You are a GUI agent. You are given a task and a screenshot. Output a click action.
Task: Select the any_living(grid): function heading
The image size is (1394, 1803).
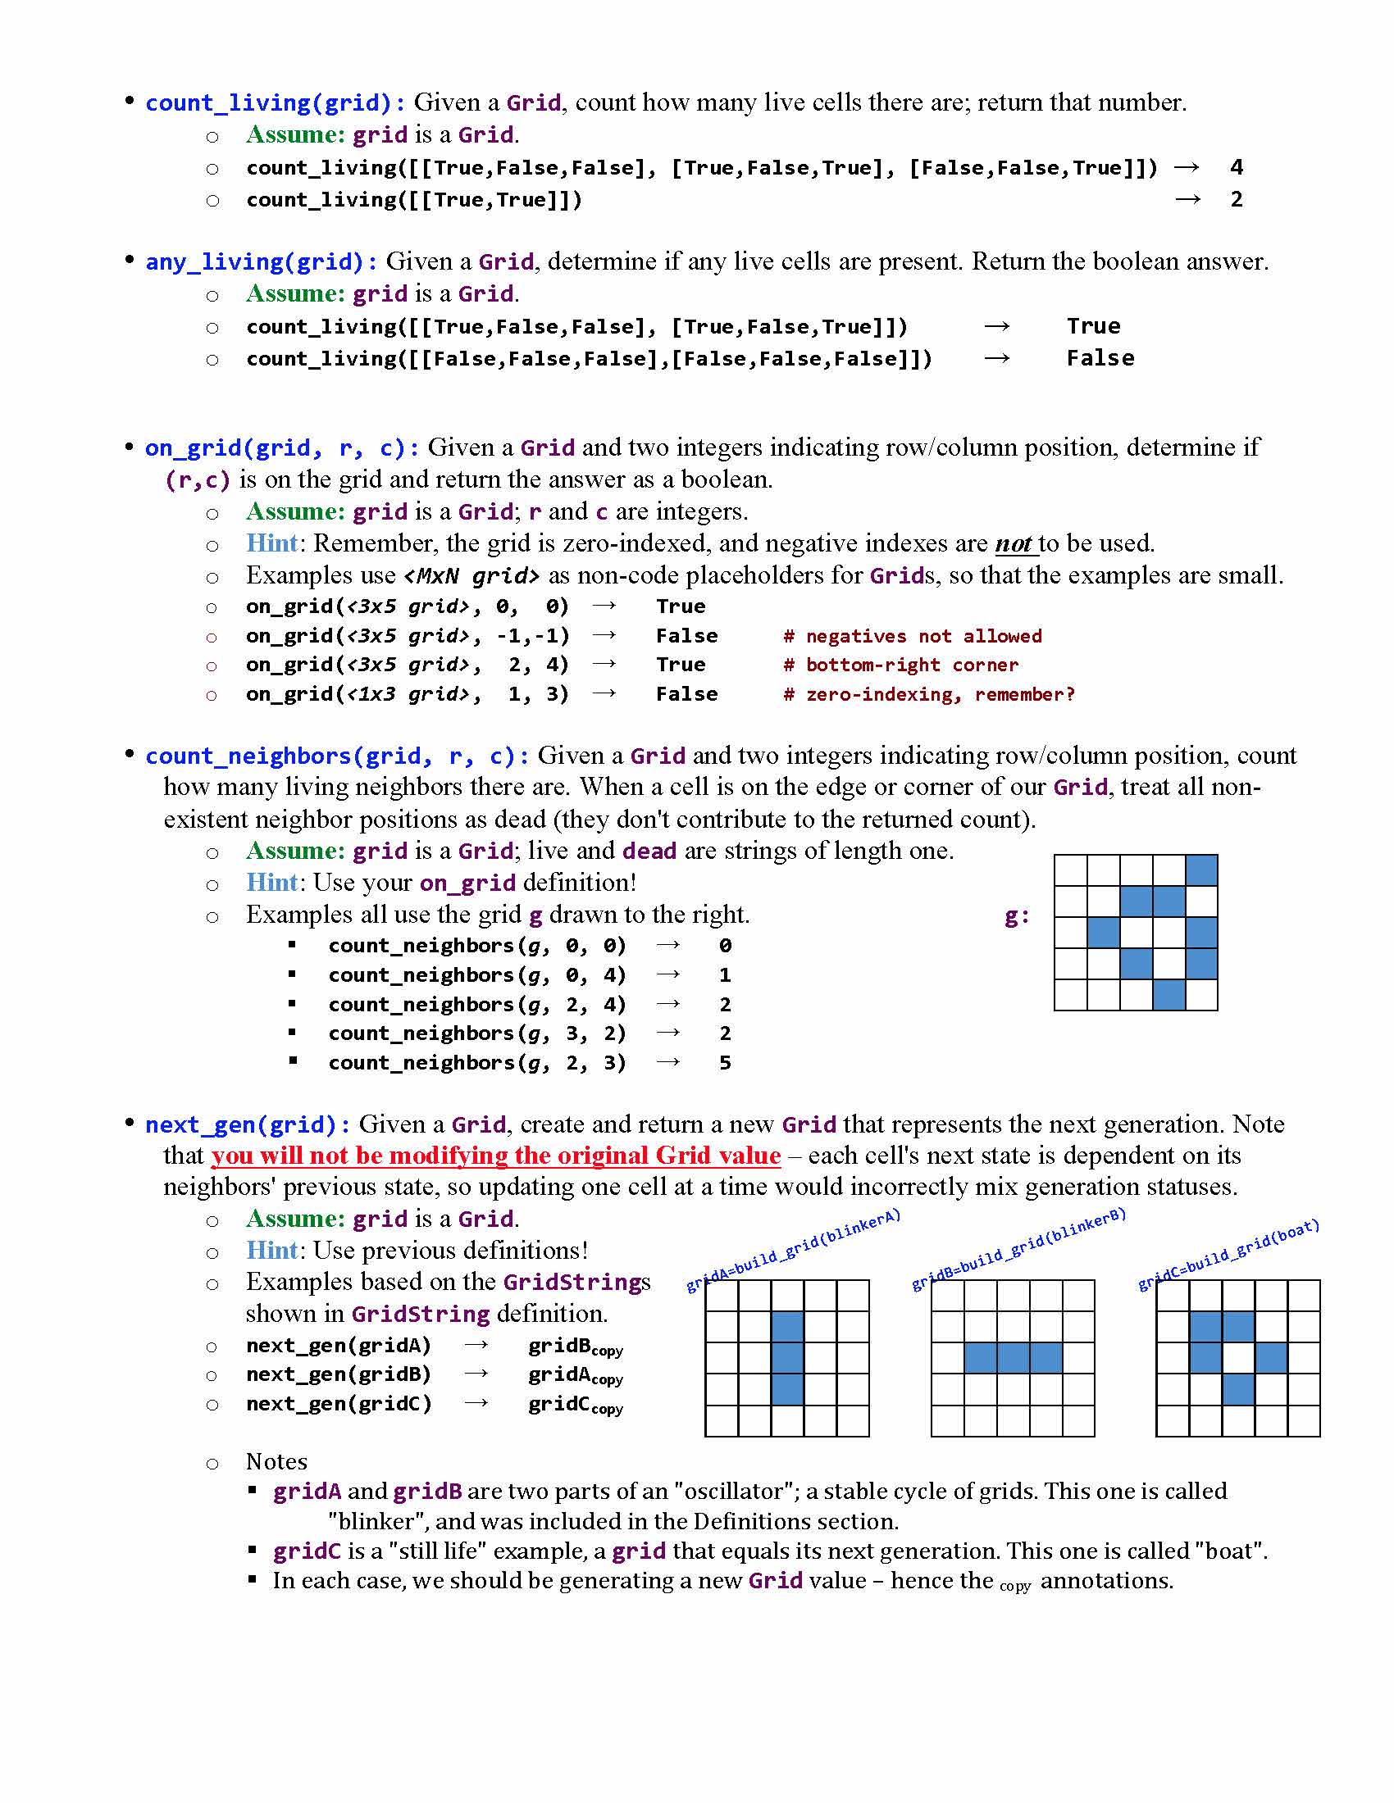[x=261, y=262]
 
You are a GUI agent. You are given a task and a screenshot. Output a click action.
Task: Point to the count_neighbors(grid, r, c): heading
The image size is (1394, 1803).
[x=337, y=756]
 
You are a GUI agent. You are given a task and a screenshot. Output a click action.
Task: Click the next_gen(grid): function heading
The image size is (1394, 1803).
[x=248, y=1125]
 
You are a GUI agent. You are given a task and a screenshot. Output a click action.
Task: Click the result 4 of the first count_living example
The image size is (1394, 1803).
[x=1236, y=167]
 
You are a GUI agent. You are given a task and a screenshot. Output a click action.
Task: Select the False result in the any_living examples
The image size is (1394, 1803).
[x=1100, y=358]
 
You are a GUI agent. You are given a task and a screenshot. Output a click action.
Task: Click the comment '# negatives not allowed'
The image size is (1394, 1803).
[x=912, y=637]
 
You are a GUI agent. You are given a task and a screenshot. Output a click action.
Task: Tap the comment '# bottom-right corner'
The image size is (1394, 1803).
[x=900, y=665]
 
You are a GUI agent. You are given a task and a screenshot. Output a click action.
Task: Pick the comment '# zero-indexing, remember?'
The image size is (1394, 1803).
[x=928, y=695]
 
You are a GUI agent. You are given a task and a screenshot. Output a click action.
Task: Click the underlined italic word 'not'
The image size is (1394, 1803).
[x=1014, y=544]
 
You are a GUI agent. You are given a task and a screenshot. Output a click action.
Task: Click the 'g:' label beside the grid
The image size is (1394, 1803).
[x=1017, y=915]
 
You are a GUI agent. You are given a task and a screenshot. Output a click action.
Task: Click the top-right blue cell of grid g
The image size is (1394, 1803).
[x=1200, y=871]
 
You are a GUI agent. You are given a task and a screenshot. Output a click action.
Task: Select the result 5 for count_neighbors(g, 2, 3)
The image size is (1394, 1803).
[x=724, y=1063]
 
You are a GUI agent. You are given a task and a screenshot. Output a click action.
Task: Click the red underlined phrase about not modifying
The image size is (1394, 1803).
[x=495, y=1156]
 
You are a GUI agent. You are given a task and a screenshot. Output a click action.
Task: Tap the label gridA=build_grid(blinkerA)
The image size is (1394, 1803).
[x=793, y=1251]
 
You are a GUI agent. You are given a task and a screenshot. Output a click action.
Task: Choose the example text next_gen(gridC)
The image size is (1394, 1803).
[x=339, y=1404]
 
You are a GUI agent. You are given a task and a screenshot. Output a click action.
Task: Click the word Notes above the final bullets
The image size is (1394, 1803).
[x=276, y=1462]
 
